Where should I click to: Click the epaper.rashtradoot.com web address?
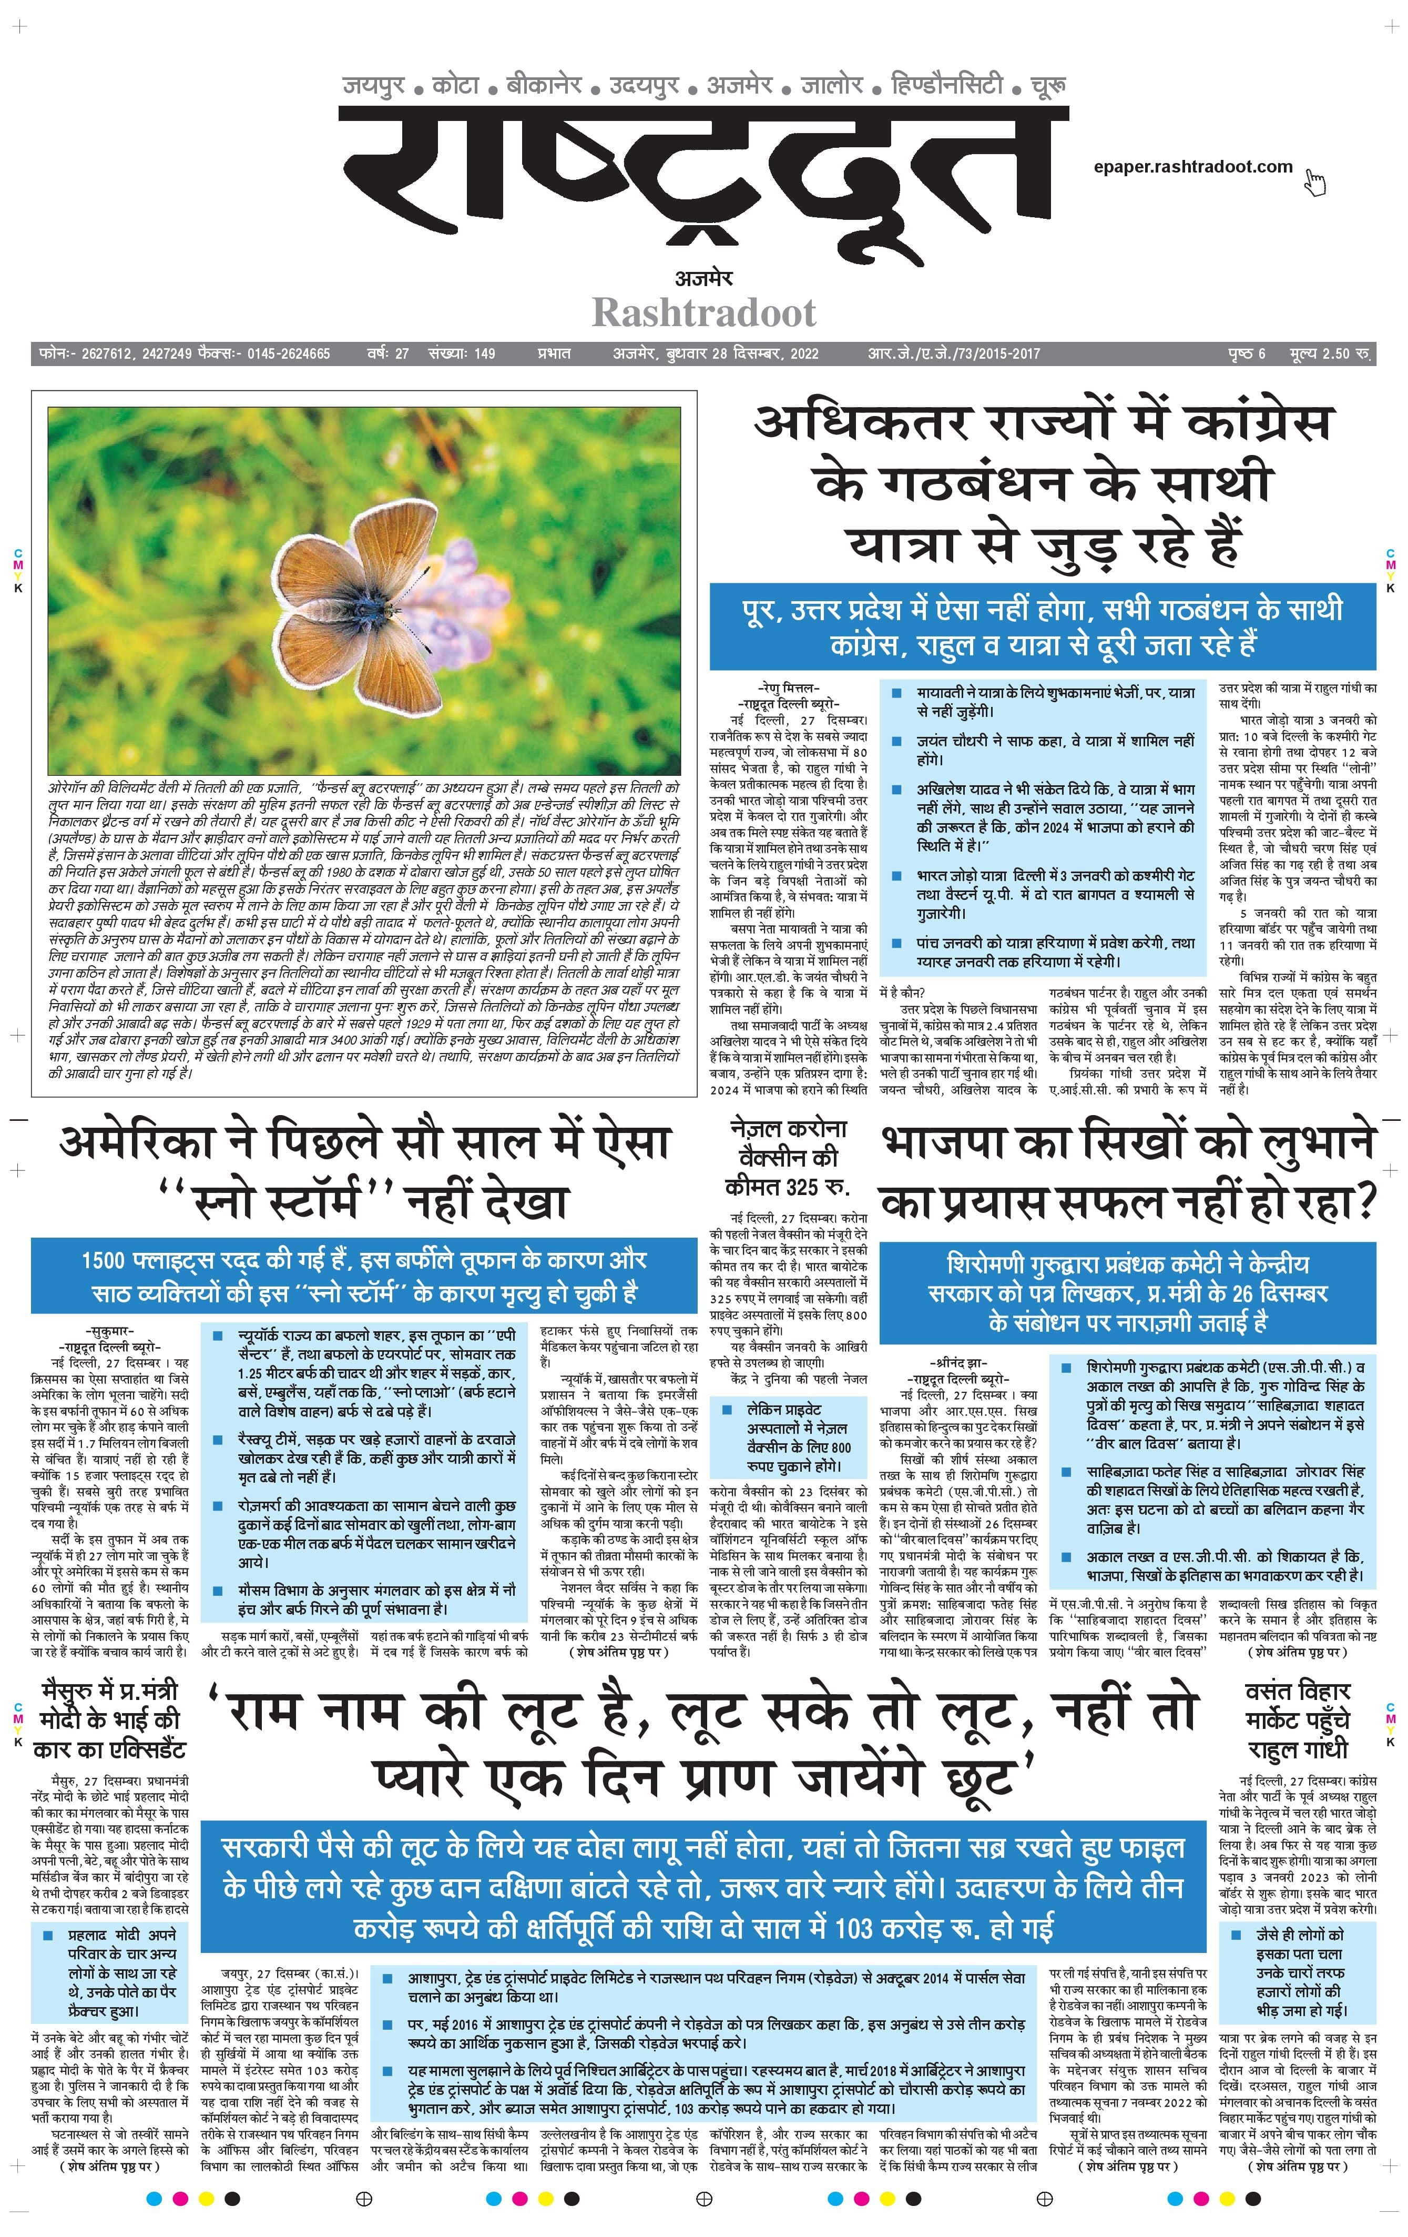tap(1192, 167)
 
